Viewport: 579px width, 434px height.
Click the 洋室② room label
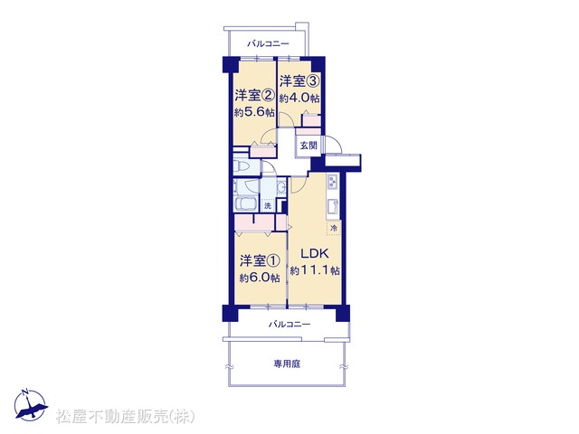point(255,95)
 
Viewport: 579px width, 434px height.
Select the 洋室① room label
point(260,261)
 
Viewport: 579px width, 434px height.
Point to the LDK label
point(315,253)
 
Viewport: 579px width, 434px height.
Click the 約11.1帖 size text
point(315,270)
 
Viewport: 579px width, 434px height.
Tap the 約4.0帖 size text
point(299,99)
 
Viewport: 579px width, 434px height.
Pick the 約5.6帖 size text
point(255,112)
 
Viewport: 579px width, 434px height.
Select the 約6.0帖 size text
point(260,278)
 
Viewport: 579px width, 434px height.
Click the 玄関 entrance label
point(308,145)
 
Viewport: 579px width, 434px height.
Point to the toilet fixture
point(242,167)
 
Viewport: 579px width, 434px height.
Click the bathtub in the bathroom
point(245,203)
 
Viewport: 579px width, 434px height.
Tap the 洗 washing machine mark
point(268,205)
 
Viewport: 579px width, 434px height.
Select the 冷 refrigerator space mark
point(334,228)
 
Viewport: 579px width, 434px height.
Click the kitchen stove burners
point(332,182)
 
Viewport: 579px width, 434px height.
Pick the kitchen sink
point(333,207)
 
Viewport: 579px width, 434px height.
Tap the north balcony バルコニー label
point(268,44)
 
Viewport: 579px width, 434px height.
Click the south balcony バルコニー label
point(289,325)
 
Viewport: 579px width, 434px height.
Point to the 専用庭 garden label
point(287,364)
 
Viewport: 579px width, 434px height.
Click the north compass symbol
point(30,405)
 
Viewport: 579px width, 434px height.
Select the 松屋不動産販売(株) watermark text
point(125,416)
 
